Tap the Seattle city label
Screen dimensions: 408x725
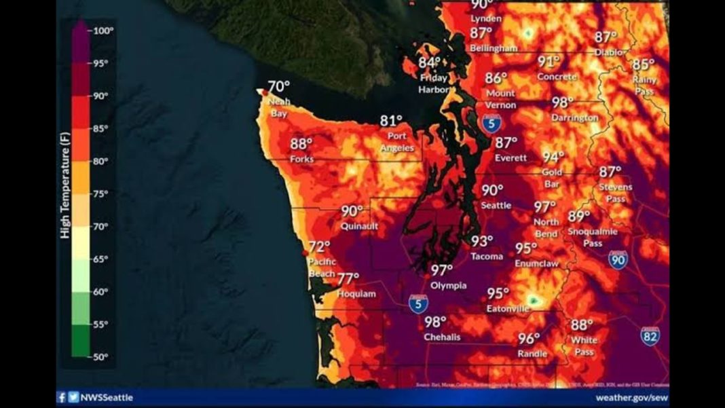496,205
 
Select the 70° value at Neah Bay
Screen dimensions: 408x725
278,87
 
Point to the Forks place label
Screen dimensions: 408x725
301,159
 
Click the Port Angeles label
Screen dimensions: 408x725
397,142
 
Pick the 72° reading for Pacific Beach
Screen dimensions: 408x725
319,247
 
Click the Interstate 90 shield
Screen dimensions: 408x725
617,259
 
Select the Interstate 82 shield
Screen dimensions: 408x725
650,335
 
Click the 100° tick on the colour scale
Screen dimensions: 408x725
103,31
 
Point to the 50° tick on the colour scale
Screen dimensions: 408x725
101,356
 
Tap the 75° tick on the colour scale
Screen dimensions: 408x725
101,193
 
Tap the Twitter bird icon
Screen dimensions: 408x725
73,398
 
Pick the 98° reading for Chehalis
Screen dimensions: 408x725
435,322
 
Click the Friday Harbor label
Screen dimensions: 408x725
433,84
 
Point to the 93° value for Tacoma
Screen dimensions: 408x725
482,241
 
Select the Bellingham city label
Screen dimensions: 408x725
494,48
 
